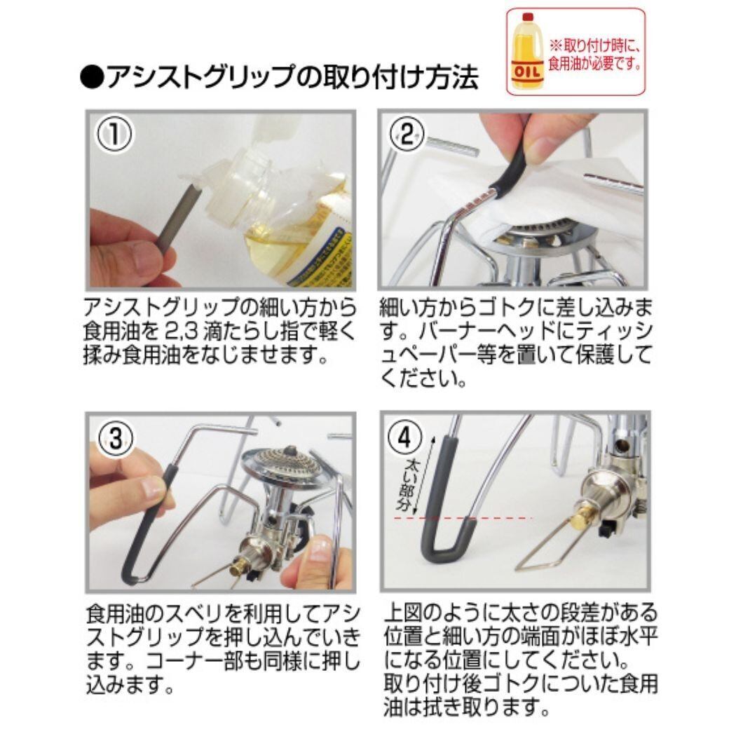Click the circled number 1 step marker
[x=114, y=133]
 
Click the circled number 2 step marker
[x=406, y=135]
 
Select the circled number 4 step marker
[x=405, y=437]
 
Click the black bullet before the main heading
[x=92, y=77]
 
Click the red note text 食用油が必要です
[x=594, y=62]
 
